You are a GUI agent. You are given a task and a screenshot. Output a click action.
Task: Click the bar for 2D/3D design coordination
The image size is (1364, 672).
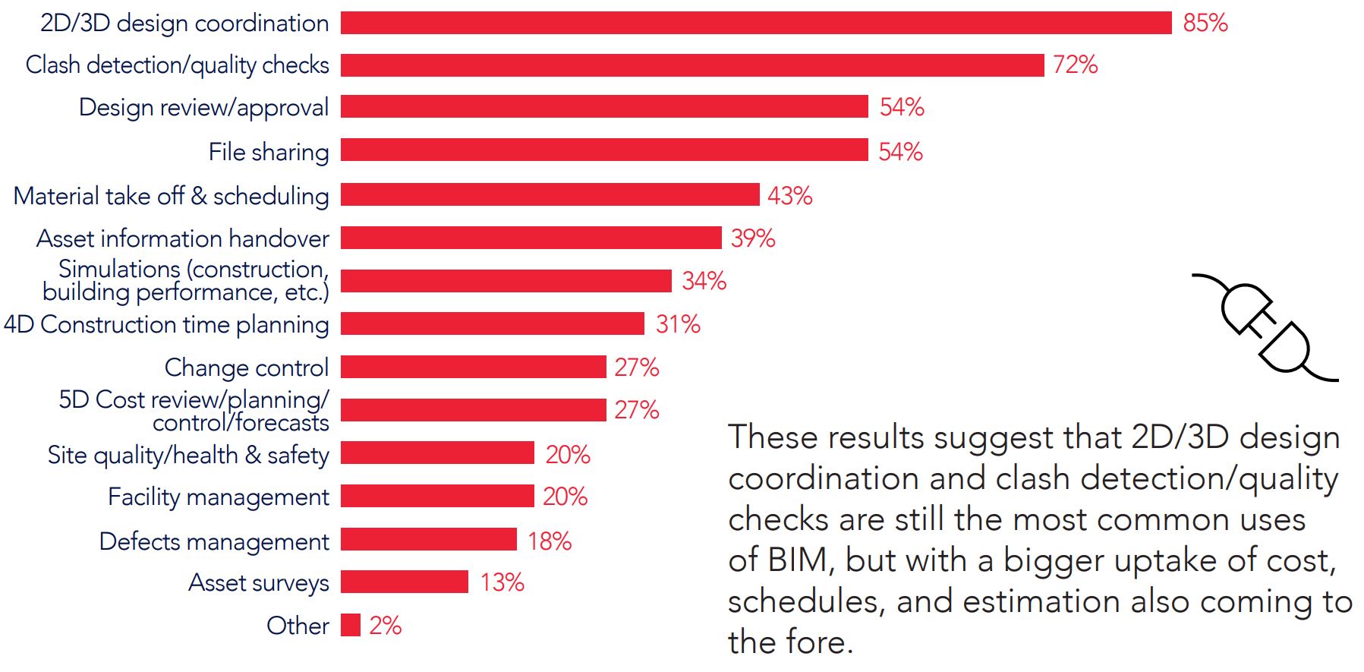pyautogui.click(x=755, y=23)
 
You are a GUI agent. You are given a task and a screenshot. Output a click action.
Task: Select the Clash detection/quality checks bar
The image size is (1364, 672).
pyautogui.click(x=691, y=65)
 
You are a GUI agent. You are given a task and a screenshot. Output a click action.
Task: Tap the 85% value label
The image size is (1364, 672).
pyautogui.click(x=1205, y=23)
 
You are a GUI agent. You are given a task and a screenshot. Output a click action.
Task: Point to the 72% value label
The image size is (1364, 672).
pyautogui.click(x=1075, y=65)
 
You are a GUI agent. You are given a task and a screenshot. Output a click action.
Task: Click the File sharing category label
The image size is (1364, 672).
pyautogui.click(x=269, y=152)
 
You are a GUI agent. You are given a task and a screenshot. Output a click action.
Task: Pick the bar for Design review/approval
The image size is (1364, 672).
pyautogui.click(x=603, y=107)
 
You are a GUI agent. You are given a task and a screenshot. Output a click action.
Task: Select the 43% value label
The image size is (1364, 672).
pyautogui.click(x=789, y=196)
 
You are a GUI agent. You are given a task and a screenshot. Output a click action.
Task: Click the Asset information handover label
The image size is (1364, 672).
pyautogui.click(x=183, y=238)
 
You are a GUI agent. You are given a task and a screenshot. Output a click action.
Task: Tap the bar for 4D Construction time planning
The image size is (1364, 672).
pyautogui.click(x=492, y=324)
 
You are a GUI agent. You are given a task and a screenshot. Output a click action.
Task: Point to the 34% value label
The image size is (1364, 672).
pyautogui.click(x=704, y=281)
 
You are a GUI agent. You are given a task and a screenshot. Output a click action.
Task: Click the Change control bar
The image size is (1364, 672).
pyautogui.click(x=473, y=368)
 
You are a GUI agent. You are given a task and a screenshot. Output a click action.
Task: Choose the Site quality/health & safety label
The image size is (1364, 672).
pyautogui.click(x=188, y=455)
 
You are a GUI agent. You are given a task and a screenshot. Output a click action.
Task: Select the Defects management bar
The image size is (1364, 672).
pyautogui.click(x=428, y=540)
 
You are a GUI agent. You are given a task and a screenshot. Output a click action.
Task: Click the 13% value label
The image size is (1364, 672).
pyautogui.click(x=502, y=582)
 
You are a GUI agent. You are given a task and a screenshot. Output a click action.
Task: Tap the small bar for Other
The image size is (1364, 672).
pyautogui.click(x=350, y=625)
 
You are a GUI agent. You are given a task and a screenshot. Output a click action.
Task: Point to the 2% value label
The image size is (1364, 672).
pyautogui.click(x=385, y=625)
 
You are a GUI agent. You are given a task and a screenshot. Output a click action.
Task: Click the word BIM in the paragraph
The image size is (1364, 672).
pyautogui.click(x=796, y=560)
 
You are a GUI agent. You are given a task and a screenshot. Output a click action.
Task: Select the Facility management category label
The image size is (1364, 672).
pyautogui.click(x=219, y=497)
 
